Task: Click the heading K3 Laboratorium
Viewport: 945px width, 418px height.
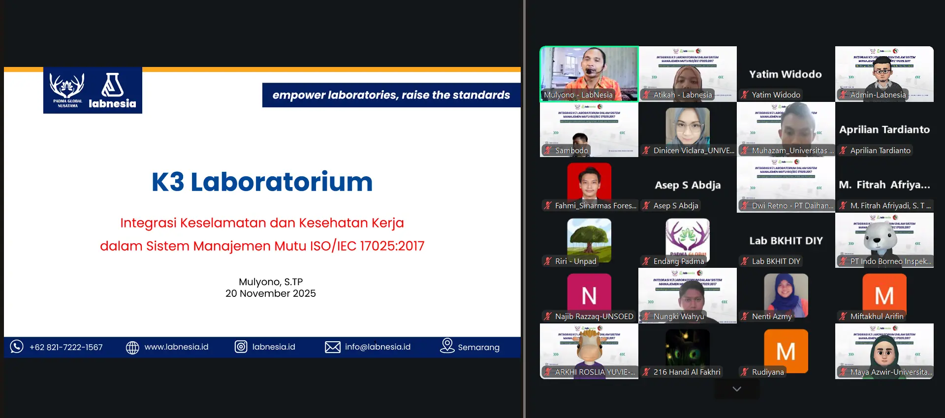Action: pyautogui.click(x=262, y=182)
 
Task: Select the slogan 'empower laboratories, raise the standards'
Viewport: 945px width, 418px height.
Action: pyautogui.click(x=391, y=95)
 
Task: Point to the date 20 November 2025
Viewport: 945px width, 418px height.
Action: pyautogui.click(x=270, y=293)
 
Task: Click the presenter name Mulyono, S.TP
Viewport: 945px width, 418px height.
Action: pyautogui.click(x=270, y=282)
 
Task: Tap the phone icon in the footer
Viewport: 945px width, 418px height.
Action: pyautogui.click(x=17, y=347)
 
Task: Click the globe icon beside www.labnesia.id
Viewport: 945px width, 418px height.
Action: pyautogui.click(x=132, y=347)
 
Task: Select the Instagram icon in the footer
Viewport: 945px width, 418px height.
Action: pyautogui.click(x=241, y=347)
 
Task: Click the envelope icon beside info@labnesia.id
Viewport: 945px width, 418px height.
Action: pyautogui.click(x=332, y=347)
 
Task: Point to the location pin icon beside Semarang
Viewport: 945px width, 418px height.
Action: pyautogui.click(x=447, y=346)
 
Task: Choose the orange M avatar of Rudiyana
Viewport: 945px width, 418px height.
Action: pyautogui.click(x=786, y=350)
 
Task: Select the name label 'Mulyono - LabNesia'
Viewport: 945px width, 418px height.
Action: pyautogui.click(x=578, y=95)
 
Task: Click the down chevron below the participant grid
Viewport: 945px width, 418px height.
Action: pyautogui.click(x=736, y=389)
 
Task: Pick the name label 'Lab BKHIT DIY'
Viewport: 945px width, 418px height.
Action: pyautogui.click(x=776, y=261)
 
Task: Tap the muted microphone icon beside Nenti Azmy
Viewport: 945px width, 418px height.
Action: pyautogui.click(x=745, y=317)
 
